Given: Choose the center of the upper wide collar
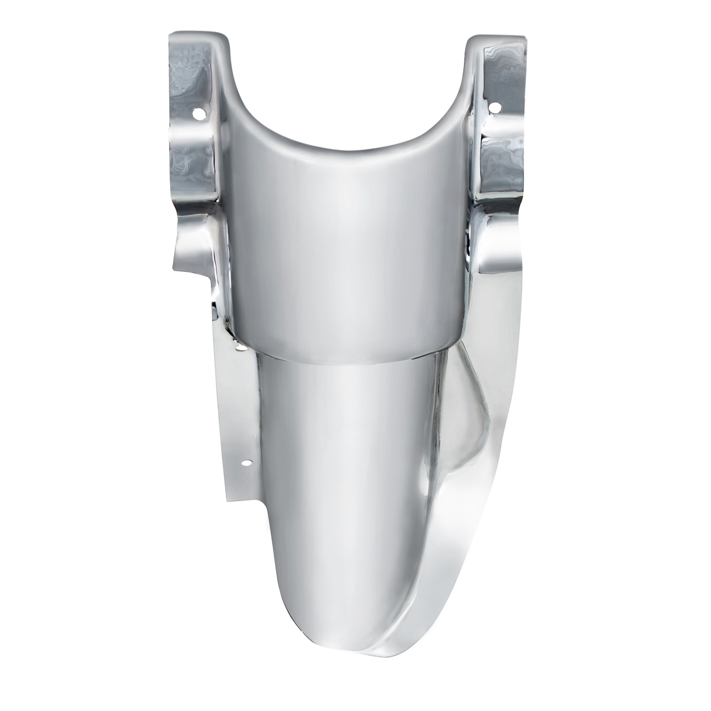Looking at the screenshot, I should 350,249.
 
